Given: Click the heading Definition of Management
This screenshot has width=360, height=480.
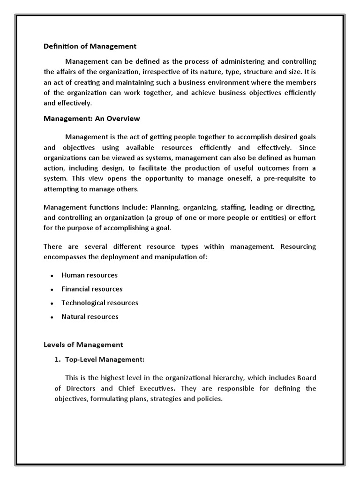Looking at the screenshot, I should (x=90, y=46).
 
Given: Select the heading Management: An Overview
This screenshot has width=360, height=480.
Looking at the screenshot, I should (x=92, y=119).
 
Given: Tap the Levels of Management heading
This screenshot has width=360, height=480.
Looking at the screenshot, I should (x=83, y=345).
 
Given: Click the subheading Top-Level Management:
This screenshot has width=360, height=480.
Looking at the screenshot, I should (x=103, y=360).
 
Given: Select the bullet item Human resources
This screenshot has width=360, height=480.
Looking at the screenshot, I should (x=90, y=275).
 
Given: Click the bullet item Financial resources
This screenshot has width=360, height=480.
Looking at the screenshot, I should (x=92, y=289).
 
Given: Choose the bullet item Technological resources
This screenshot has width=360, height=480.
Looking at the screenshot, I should (x=100, y=303).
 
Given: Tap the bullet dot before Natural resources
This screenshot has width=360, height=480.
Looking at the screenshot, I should (x=52, y=317).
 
